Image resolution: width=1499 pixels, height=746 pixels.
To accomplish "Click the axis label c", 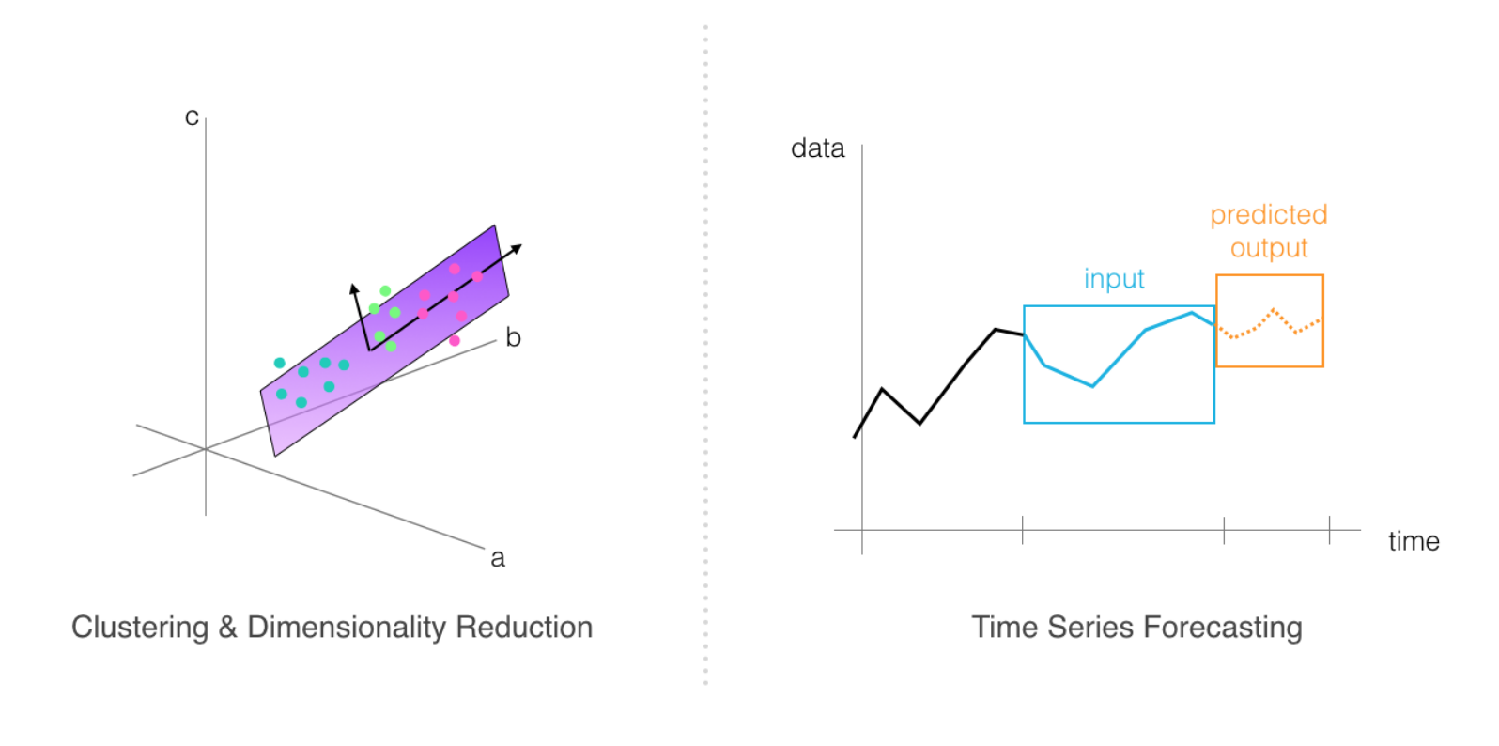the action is pos(192,117).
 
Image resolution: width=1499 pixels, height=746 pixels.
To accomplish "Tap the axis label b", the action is pos(513,337).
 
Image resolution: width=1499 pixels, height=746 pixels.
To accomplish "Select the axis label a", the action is pos(497,558).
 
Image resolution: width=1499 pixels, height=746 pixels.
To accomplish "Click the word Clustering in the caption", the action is pos(141,629).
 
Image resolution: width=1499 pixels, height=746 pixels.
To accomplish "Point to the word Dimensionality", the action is pos(347,628).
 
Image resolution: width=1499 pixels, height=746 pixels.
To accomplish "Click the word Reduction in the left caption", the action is pos(524,628).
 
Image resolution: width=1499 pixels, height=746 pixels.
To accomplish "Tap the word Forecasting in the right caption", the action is pos(1223,629).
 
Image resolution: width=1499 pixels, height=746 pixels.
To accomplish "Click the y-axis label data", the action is pos(818,148).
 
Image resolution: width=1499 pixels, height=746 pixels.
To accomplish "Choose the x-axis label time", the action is pos(1414,541).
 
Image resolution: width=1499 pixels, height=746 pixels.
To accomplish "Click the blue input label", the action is pos(1114,279).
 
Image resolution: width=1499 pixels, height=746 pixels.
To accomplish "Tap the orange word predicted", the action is pos(1269,215).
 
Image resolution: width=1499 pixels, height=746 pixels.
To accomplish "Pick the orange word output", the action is pos(1269,248).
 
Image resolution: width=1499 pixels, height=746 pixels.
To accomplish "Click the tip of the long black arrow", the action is pos(521,245).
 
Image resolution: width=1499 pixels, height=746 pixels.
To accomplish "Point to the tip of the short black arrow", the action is pos(352,284).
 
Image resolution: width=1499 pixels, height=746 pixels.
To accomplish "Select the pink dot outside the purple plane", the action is pos(455,341).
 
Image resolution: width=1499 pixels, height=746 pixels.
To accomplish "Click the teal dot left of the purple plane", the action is pos(280,363).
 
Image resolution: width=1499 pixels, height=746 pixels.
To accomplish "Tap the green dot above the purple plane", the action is pos(385,290).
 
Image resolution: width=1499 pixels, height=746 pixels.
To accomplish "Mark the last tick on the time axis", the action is pos(1329,530).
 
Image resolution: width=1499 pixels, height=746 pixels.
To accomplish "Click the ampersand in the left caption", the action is pos(228,629).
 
